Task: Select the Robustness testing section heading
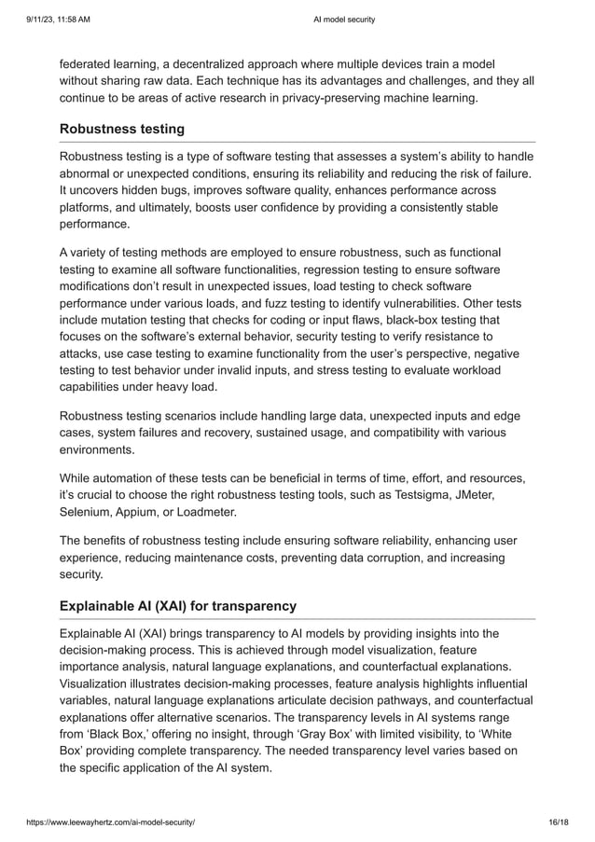point(122,129)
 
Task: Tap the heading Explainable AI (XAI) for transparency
point(178,607)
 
